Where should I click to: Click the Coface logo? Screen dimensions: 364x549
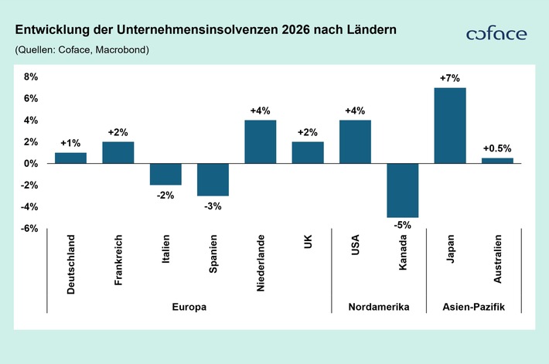tap(496, 34)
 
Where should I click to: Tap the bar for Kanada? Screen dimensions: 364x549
tap(403, 190)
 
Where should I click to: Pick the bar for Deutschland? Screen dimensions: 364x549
tap(70, 158)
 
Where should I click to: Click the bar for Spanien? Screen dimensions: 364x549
tap(213, 179)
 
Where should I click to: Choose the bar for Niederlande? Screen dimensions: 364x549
tap(260, 141)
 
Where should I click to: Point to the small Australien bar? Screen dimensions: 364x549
tap(497, 161)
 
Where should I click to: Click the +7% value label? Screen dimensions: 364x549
tap(450, 79)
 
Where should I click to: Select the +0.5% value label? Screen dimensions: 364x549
tap(497, 148)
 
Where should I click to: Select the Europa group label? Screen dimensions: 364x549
tap(189, 307)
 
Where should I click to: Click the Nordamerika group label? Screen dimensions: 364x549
tap(379, 307)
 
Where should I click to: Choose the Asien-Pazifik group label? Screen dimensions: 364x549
tap(473, 307)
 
